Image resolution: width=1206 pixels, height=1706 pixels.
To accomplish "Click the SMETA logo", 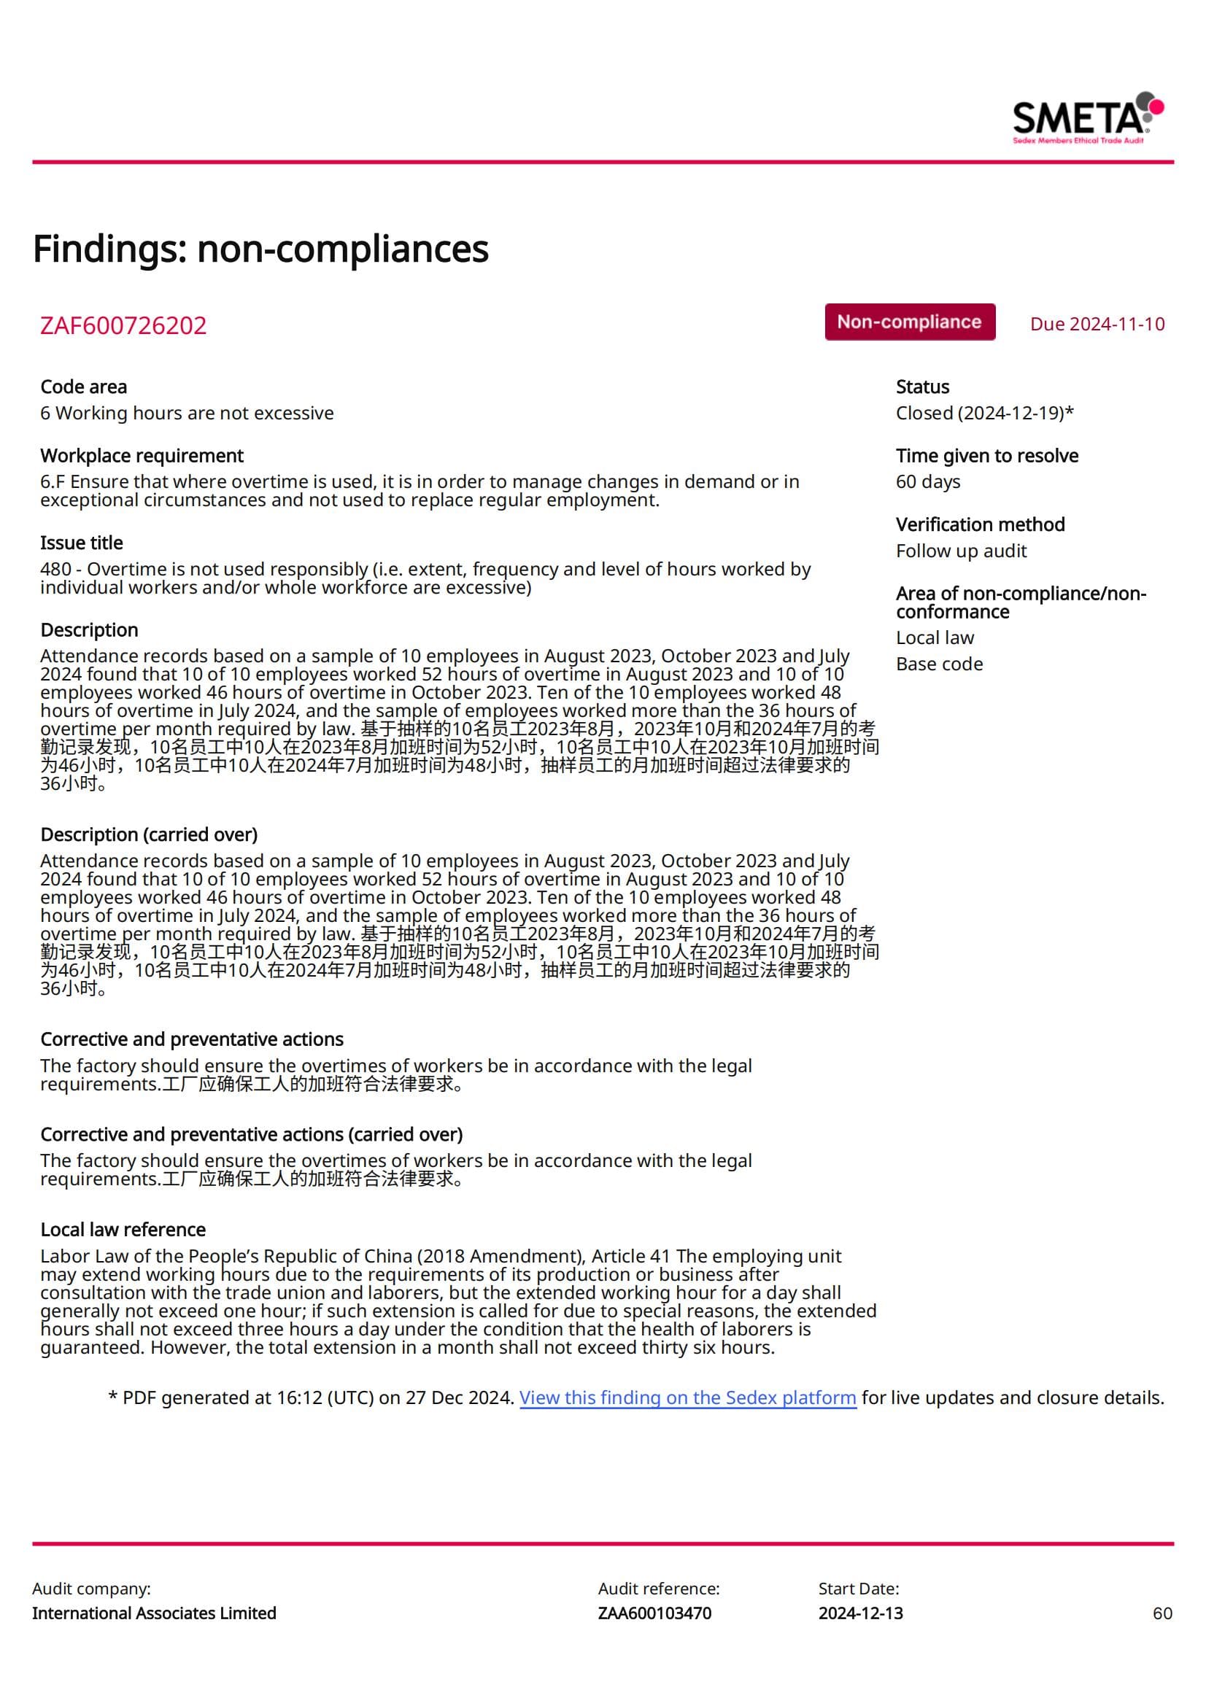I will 1087,117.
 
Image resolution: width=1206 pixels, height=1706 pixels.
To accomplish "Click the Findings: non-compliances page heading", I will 260,248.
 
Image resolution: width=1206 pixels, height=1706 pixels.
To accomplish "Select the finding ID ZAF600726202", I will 123,325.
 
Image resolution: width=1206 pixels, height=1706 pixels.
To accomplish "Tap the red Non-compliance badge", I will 909,322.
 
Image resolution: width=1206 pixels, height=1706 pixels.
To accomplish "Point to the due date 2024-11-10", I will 1097,324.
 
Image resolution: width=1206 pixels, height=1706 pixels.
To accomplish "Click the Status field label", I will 922,387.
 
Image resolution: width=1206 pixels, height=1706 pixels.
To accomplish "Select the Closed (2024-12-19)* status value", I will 983,412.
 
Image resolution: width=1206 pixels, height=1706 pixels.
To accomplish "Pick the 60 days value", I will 927,481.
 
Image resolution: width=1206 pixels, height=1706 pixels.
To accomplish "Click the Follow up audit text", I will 961,551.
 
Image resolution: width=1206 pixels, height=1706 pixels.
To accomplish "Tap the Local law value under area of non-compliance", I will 934,637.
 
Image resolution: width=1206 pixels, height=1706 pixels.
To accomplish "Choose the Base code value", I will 938,664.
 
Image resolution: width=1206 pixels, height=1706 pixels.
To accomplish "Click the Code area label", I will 83,387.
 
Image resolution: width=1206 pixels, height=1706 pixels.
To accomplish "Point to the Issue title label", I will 81,543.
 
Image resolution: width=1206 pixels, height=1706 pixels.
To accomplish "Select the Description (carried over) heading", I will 149,834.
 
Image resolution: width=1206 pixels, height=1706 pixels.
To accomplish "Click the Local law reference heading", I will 123,1230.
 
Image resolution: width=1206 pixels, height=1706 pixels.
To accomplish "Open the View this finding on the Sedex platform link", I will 687,1397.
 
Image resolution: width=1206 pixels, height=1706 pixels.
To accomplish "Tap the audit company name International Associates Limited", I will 154,1613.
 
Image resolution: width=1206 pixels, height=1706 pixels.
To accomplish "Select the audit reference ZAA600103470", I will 654,1613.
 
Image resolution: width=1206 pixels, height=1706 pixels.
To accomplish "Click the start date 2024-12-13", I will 860,1613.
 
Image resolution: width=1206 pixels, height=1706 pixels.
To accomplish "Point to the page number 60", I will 1162,1613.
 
